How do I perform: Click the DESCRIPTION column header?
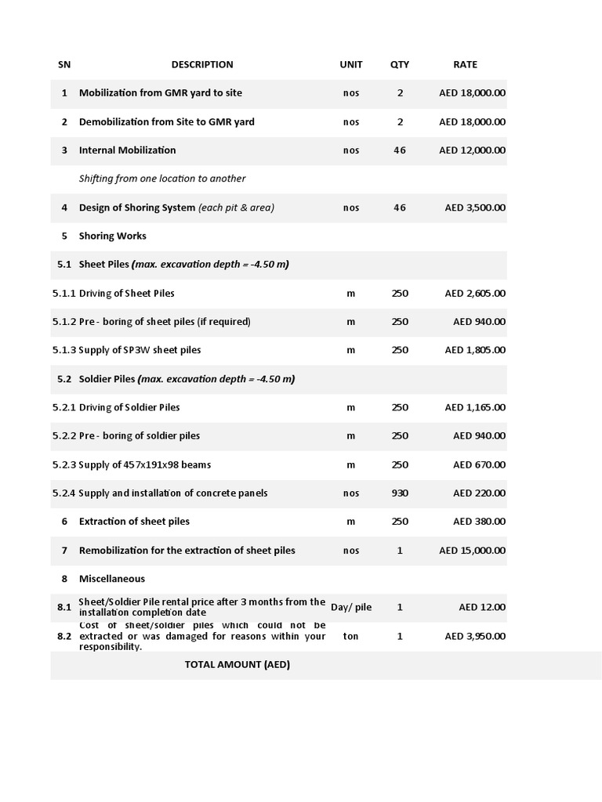pos(202,64)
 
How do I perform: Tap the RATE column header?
pos(465,64)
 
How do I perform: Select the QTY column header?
pos(400,64)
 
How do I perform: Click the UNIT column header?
pos(350,64)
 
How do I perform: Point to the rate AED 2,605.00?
pos(475,293)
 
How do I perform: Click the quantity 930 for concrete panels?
pos(400,493)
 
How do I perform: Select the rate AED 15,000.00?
pos(472,551)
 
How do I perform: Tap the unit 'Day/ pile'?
pos(350,607)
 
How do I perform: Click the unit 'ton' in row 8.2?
pos(350,636)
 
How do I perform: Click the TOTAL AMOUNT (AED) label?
pos(238,665)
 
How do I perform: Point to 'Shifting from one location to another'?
pos(162,179)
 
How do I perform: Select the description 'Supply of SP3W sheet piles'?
pos(145,350)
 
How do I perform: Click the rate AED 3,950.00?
pos(475,636)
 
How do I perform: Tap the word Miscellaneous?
pos(112,579)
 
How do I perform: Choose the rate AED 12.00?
pos(482,607)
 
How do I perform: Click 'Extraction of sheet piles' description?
pos(134,522)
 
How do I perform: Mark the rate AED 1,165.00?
pos(475,407)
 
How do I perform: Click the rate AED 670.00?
pos(479,464)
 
